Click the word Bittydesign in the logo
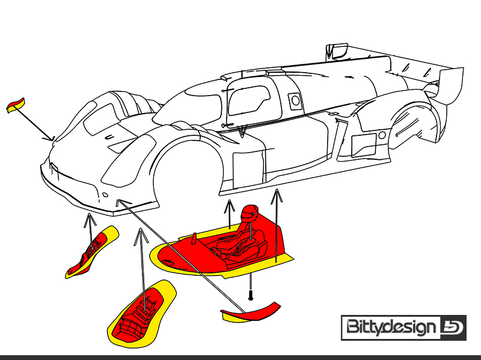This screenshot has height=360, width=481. [x=391, y=327]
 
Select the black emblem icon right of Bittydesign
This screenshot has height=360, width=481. [x=453, y=328]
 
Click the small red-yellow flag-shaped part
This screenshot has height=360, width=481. [x=16, y=105]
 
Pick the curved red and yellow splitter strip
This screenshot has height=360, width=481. [x=250, y=313]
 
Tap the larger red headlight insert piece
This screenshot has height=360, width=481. [x=141, y=313]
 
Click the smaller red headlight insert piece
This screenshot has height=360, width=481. [x=92, y=252]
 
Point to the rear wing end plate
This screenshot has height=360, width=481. [x=451, y=86]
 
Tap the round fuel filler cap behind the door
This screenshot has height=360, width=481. [x=295, y=100]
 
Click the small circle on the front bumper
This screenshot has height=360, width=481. [x=105, y=195]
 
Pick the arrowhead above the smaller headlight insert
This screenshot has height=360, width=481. [x=90, y=219]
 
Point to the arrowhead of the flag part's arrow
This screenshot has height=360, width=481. [x=50, y=138]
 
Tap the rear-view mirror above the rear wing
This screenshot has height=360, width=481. [x=337, y=52]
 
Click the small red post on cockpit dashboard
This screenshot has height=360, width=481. [x=194, y=239]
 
